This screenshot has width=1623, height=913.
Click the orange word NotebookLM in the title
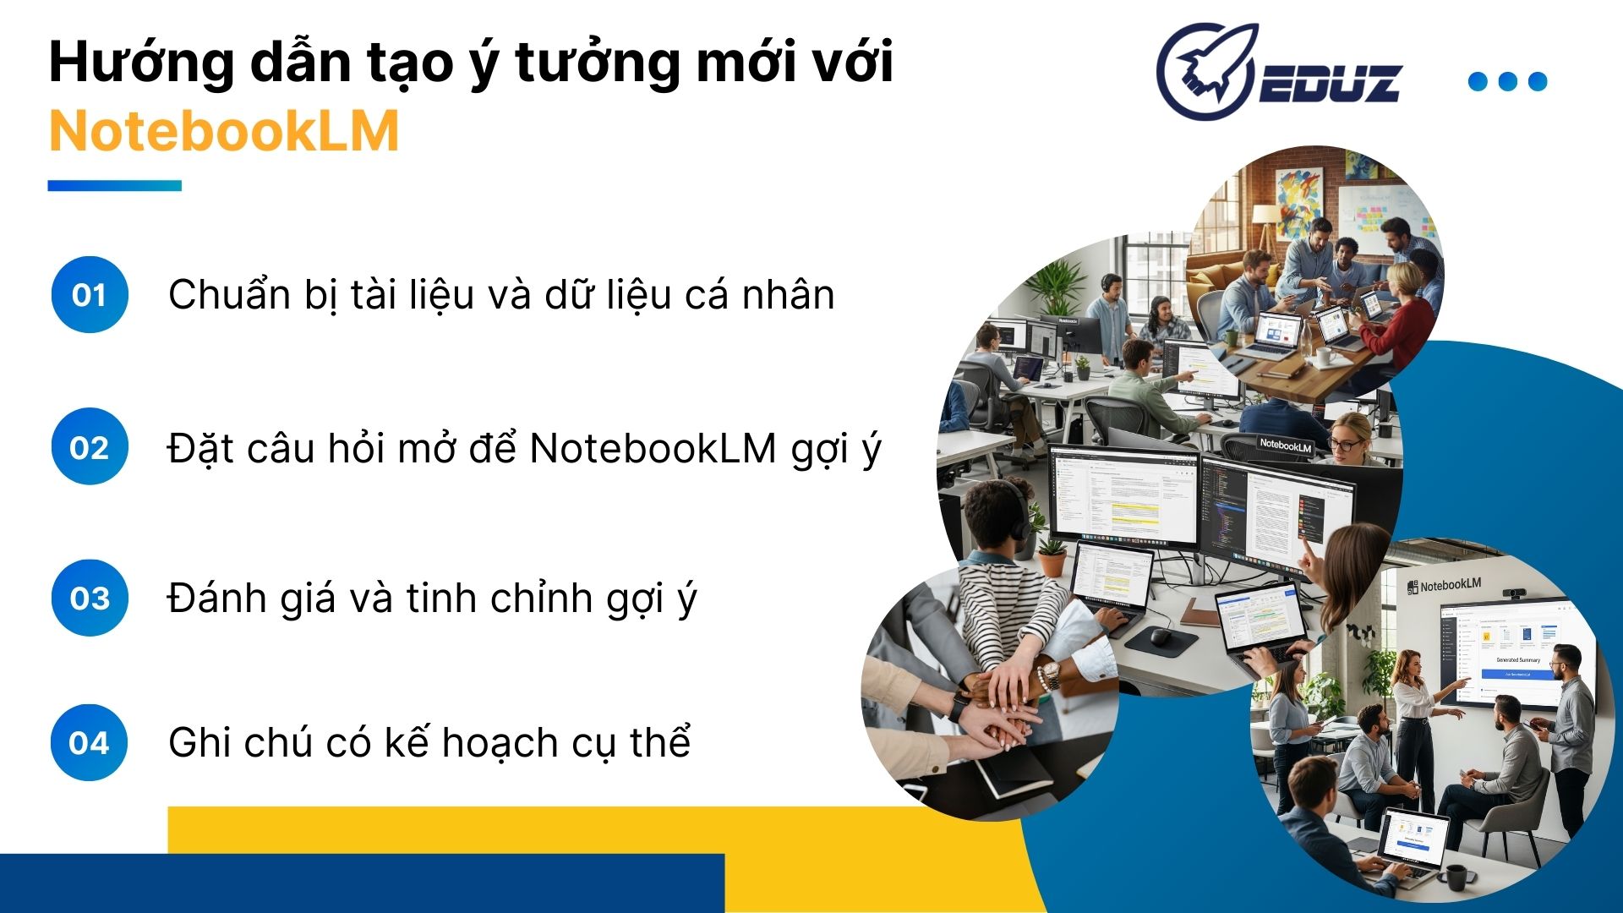tap(224, 131)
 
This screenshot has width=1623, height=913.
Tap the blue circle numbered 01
tap(90, 295)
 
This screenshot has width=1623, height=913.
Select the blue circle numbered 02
tap(90, 447)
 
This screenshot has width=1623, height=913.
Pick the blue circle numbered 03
tap(90, 599)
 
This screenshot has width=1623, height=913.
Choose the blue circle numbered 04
tap(90, 743)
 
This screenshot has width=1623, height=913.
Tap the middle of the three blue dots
tap(1507, 81)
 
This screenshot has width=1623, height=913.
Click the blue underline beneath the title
tap(114, 186)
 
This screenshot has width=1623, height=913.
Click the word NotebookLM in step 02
tap(653, 448)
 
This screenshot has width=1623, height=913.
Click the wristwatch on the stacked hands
tap(1049, 674)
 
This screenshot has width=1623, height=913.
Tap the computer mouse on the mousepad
tap(1160, 636)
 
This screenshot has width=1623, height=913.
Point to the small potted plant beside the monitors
tap(1052, 555)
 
